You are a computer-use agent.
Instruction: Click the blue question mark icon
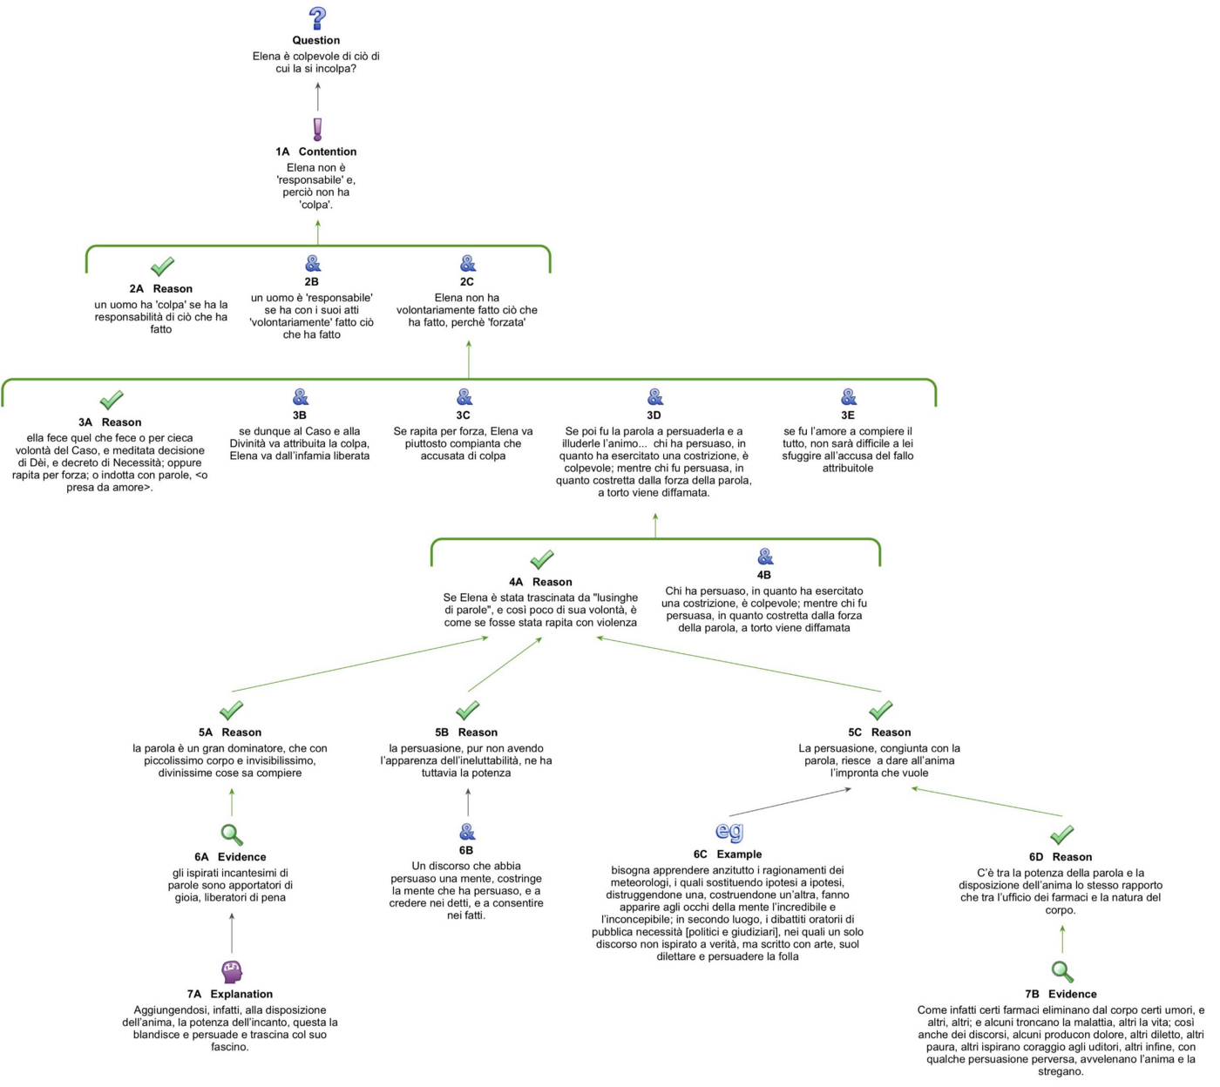[318, 18]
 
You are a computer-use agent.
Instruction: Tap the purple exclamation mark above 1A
[317, 130]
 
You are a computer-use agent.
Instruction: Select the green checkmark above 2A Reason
[162, 266]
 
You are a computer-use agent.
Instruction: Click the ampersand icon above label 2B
[312, 263]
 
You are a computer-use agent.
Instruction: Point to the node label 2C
[467, 281]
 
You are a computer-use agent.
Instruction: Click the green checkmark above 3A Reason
[112, 400]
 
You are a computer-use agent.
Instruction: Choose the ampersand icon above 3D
[655, 397]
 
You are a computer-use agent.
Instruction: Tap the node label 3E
[848, 415]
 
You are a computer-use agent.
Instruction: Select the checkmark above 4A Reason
[542, 558]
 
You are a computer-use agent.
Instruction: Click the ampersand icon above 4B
[765, 557]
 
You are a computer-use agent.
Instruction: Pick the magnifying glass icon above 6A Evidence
[232, 834]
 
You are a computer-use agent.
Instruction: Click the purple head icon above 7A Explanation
[232, 971]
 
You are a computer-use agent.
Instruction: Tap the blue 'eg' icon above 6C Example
[729, 832]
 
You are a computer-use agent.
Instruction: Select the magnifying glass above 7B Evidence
[1062, 971]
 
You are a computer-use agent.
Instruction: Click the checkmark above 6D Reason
[1062, 834]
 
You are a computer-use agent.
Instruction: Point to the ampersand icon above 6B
[467, 832]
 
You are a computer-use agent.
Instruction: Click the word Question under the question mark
[316, 40]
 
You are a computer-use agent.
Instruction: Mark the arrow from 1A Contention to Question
[318, 97]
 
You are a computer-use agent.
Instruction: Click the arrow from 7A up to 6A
[232, 933]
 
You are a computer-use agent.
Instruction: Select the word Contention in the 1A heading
[328, 152]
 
